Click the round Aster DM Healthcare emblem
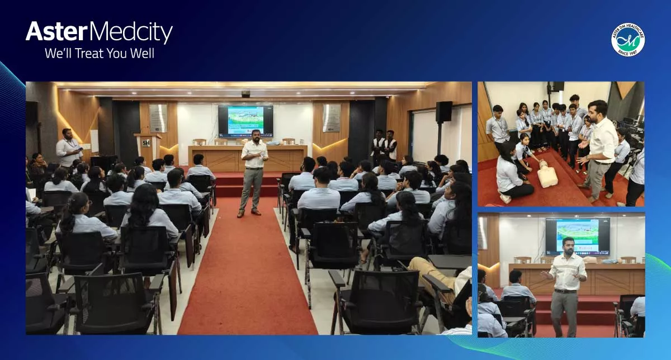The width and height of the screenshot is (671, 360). coord(627,40)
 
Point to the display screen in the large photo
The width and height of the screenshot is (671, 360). coord(245,121)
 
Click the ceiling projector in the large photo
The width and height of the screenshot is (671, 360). coord(245,94)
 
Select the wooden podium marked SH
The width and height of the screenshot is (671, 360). coord(147,147)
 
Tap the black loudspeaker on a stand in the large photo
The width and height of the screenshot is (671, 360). coord(443,112)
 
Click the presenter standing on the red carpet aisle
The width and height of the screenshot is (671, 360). coord(253,176)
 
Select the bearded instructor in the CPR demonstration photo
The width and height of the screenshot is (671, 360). coord(599,148)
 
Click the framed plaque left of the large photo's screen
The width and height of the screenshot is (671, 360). coord(158,118)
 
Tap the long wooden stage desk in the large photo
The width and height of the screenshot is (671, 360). coord(247,159)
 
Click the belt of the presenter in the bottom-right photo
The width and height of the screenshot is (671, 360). coord(565,291)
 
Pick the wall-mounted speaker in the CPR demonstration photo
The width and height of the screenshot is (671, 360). coord(557,87)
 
